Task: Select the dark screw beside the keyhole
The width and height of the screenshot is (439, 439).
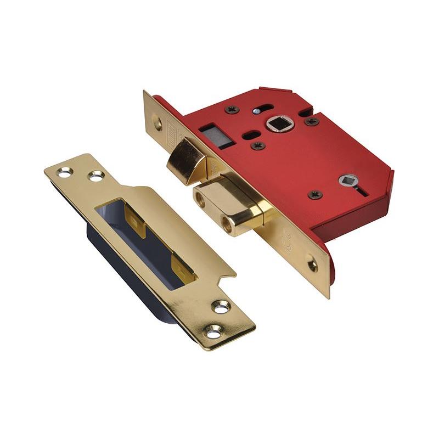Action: click(x=315, y=194)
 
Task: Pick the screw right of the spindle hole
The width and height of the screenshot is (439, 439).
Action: click(x=312, y=121)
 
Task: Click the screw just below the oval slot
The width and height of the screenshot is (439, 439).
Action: click(x=257, y=146)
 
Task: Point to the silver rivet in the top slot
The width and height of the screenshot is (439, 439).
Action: click(x=257, y=111)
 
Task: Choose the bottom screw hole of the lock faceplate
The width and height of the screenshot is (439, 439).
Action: click(x=312, y=264)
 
